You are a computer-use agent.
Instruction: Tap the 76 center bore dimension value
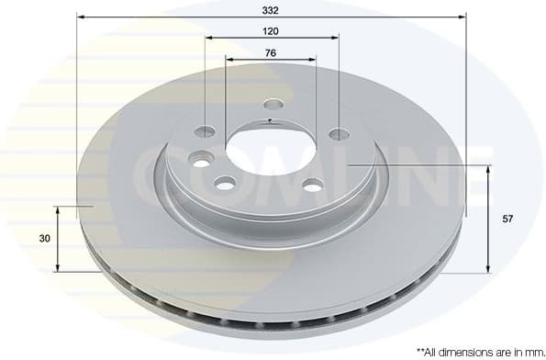(271, 52)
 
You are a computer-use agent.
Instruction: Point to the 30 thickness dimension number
(43, 238)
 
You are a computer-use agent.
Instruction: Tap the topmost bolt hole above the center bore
(273, 105)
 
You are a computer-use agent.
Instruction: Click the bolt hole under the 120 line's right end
(339, 134)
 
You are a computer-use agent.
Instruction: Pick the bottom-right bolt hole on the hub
(313, 186)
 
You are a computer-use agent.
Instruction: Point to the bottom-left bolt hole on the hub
(226, 185)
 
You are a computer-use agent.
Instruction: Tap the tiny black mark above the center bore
(268, 120)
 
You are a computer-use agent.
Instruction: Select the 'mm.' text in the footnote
(529, 351)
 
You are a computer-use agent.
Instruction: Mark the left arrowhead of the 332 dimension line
(80, 17)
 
